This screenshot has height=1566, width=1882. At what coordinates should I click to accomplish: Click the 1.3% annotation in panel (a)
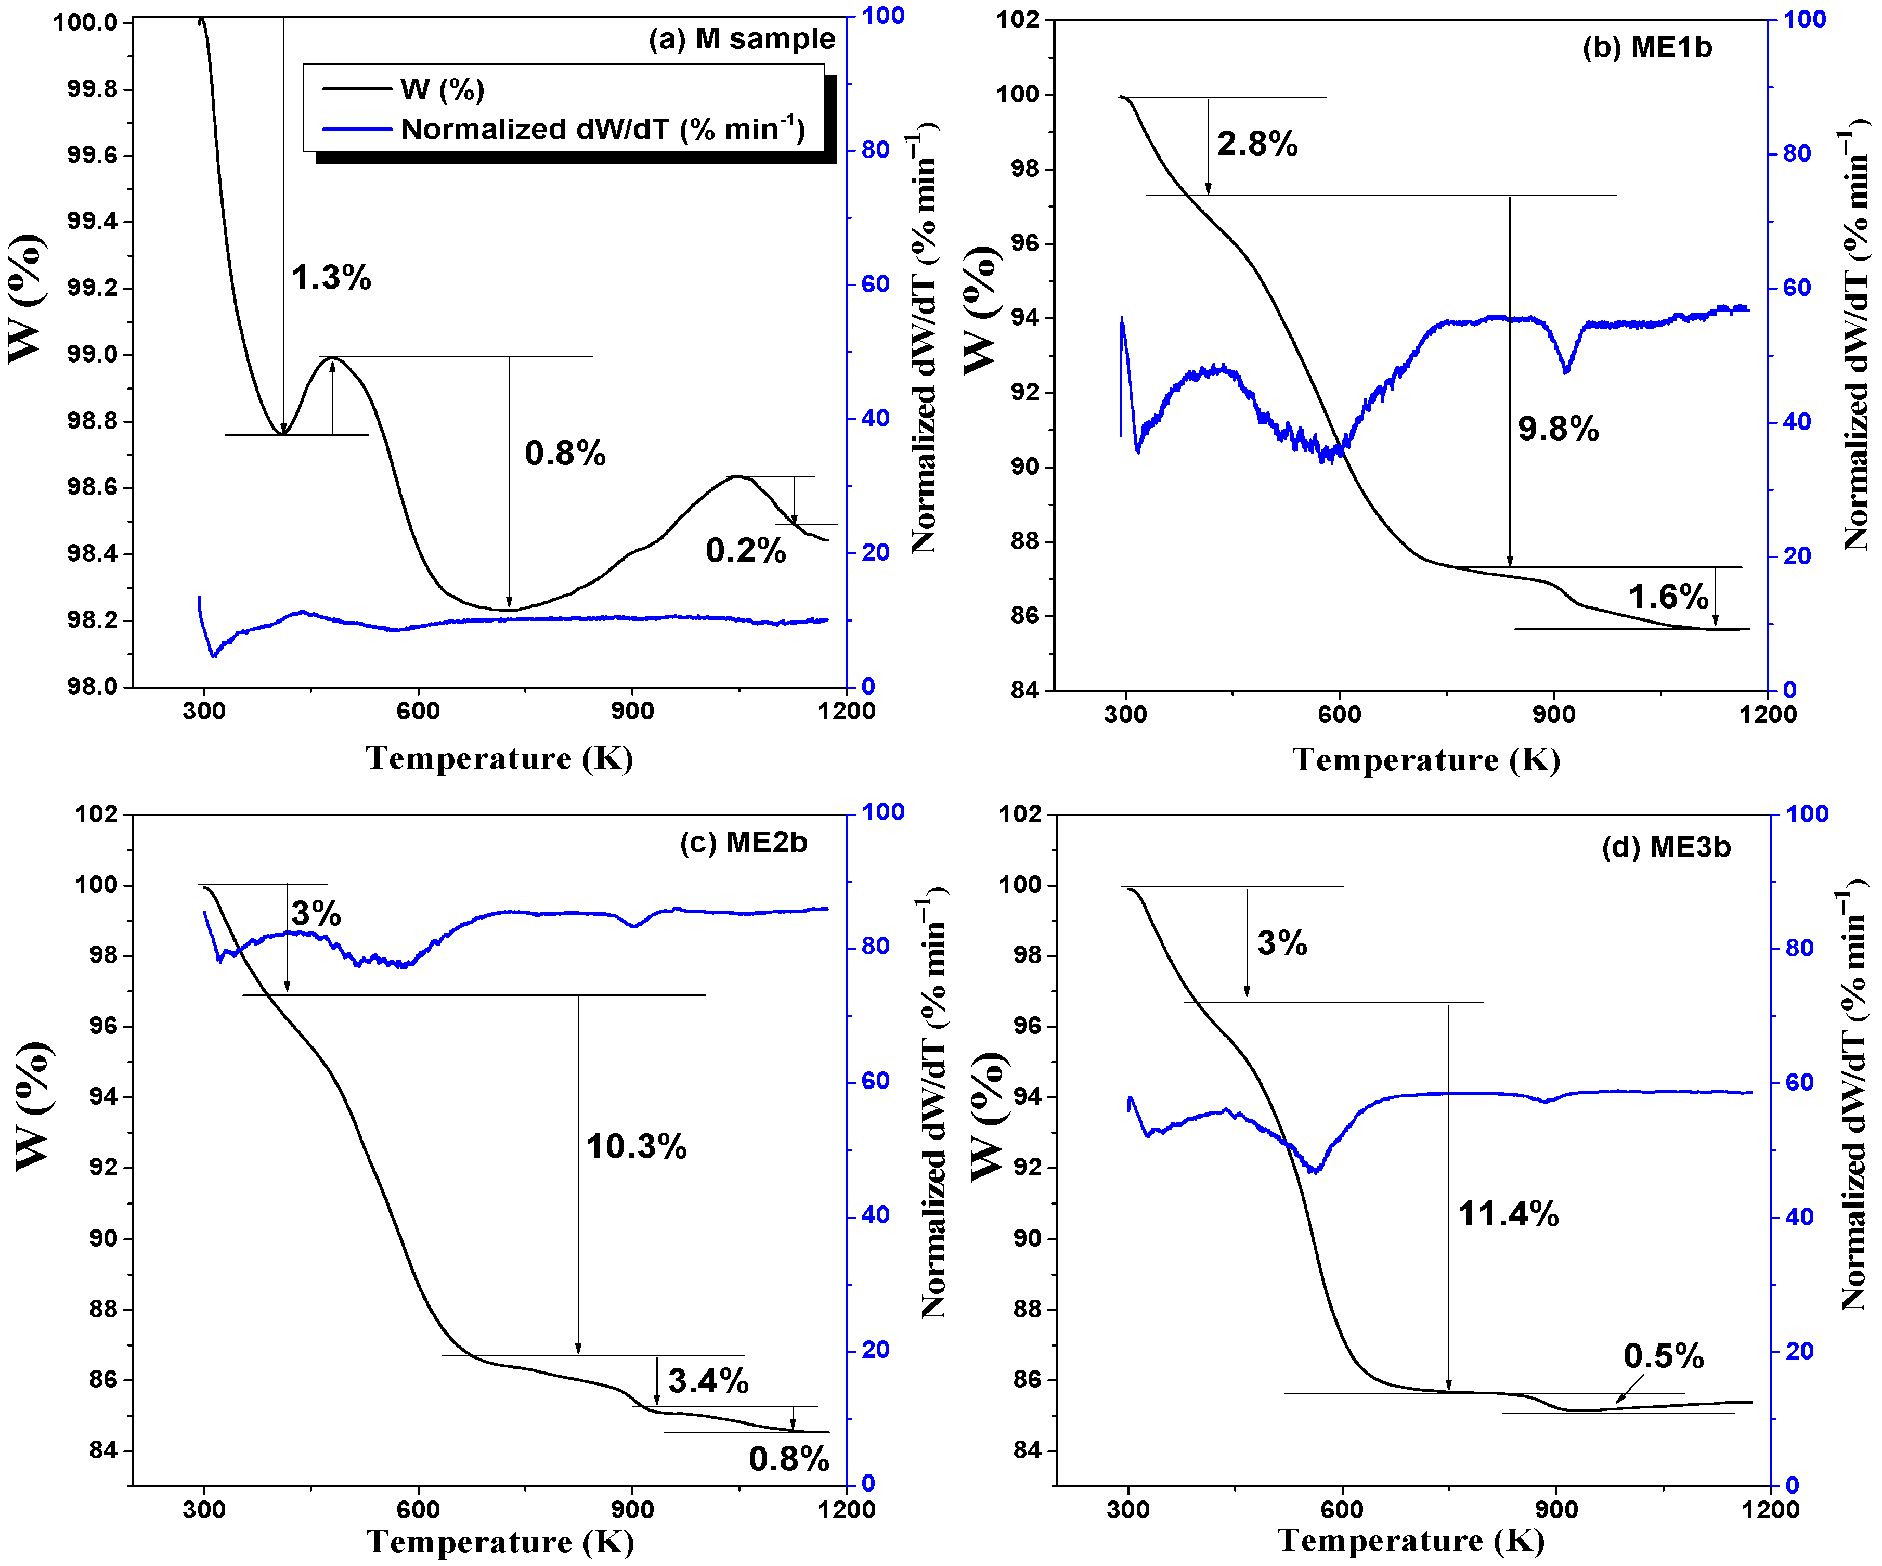331,278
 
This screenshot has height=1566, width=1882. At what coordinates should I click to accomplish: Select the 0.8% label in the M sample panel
565,454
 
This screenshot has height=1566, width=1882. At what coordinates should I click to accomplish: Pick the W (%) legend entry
442,89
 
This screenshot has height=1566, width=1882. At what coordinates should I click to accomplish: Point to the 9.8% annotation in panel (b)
1557,430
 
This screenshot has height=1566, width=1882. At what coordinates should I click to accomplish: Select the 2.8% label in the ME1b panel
1256,144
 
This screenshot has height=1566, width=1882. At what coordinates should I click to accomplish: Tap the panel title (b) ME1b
1647,47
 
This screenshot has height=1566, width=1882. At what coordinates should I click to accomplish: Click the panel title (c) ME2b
743,843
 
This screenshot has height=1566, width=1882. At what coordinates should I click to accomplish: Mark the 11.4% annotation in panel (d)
1508,1214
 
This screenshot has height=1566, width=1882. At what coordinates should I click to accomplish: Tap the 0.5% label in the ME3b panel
1664,1356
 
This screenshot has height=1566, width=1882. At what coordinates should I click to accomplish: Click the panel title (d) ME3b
1666,847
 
